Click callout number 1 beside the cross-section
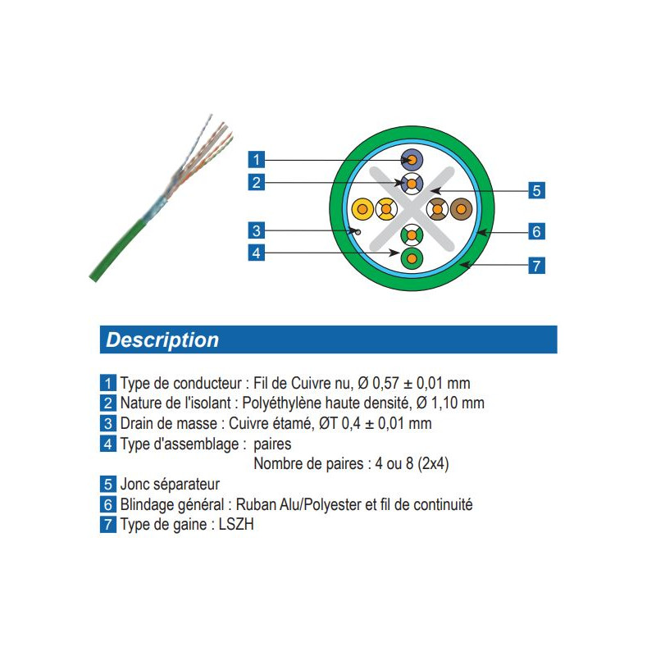(x=257, y=159)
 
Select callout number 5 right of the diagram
(x=536, y=190)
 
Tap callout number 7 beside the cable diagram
(x=536, y=265)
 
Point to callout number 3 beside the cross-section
(x=257, y=230)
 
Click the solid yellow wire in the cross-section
(x=362, y=209)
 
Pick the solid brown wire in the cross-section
(x=461, y=209)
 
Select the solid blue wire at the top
(x=412, y=160)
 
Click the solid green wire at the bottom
(x=412, y=258)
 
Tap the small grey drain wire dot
(x=358, y=231)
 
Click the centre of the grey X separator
(x=412, y=209)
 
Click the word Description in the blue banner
(x=162, y=339)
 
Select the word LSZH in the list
(x=236, y=524)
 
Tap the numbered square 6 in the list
(x=108, y=504)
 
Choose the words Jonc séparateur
(x=170, y=484)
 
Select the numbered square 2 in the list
(x=108, y=403)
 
